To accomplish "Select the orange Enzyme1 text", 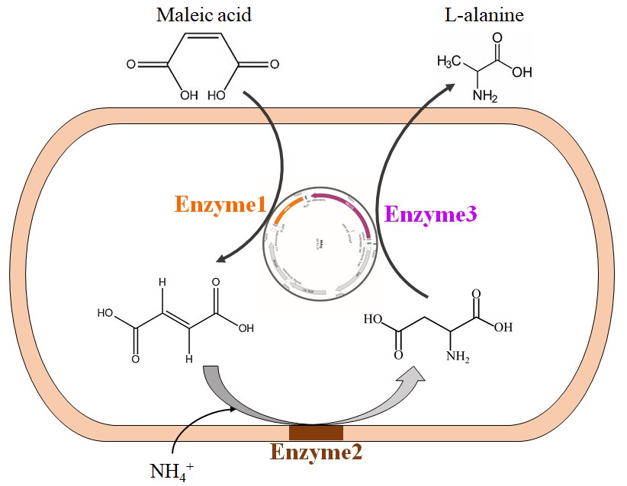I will [220, 205].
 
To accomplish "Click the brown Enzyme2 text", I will [316, 452].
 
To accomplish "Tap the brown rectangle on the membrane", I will [316, 433].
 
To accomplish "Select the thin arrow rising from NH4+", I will [191, 427].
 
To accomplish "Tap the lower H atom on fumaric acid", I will [190, 358].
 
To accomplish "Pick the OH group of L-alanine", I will [522, 72].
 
